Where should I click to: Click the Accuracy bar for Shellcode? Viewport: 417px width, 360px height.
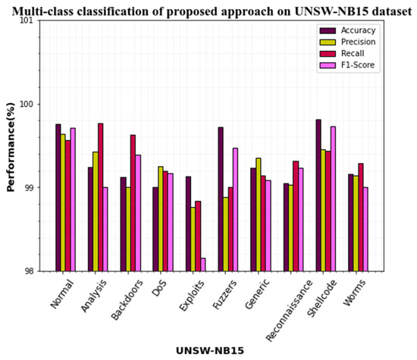318,196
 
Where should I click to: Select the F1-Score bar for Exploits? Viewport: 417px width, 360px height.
204,265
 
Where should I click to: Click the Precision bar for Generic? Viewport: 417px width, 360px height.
259,214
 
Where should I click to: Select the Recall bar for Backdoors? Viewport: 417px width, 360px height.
133,203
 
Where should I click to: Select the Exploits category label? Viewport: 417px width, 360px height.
190,293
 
